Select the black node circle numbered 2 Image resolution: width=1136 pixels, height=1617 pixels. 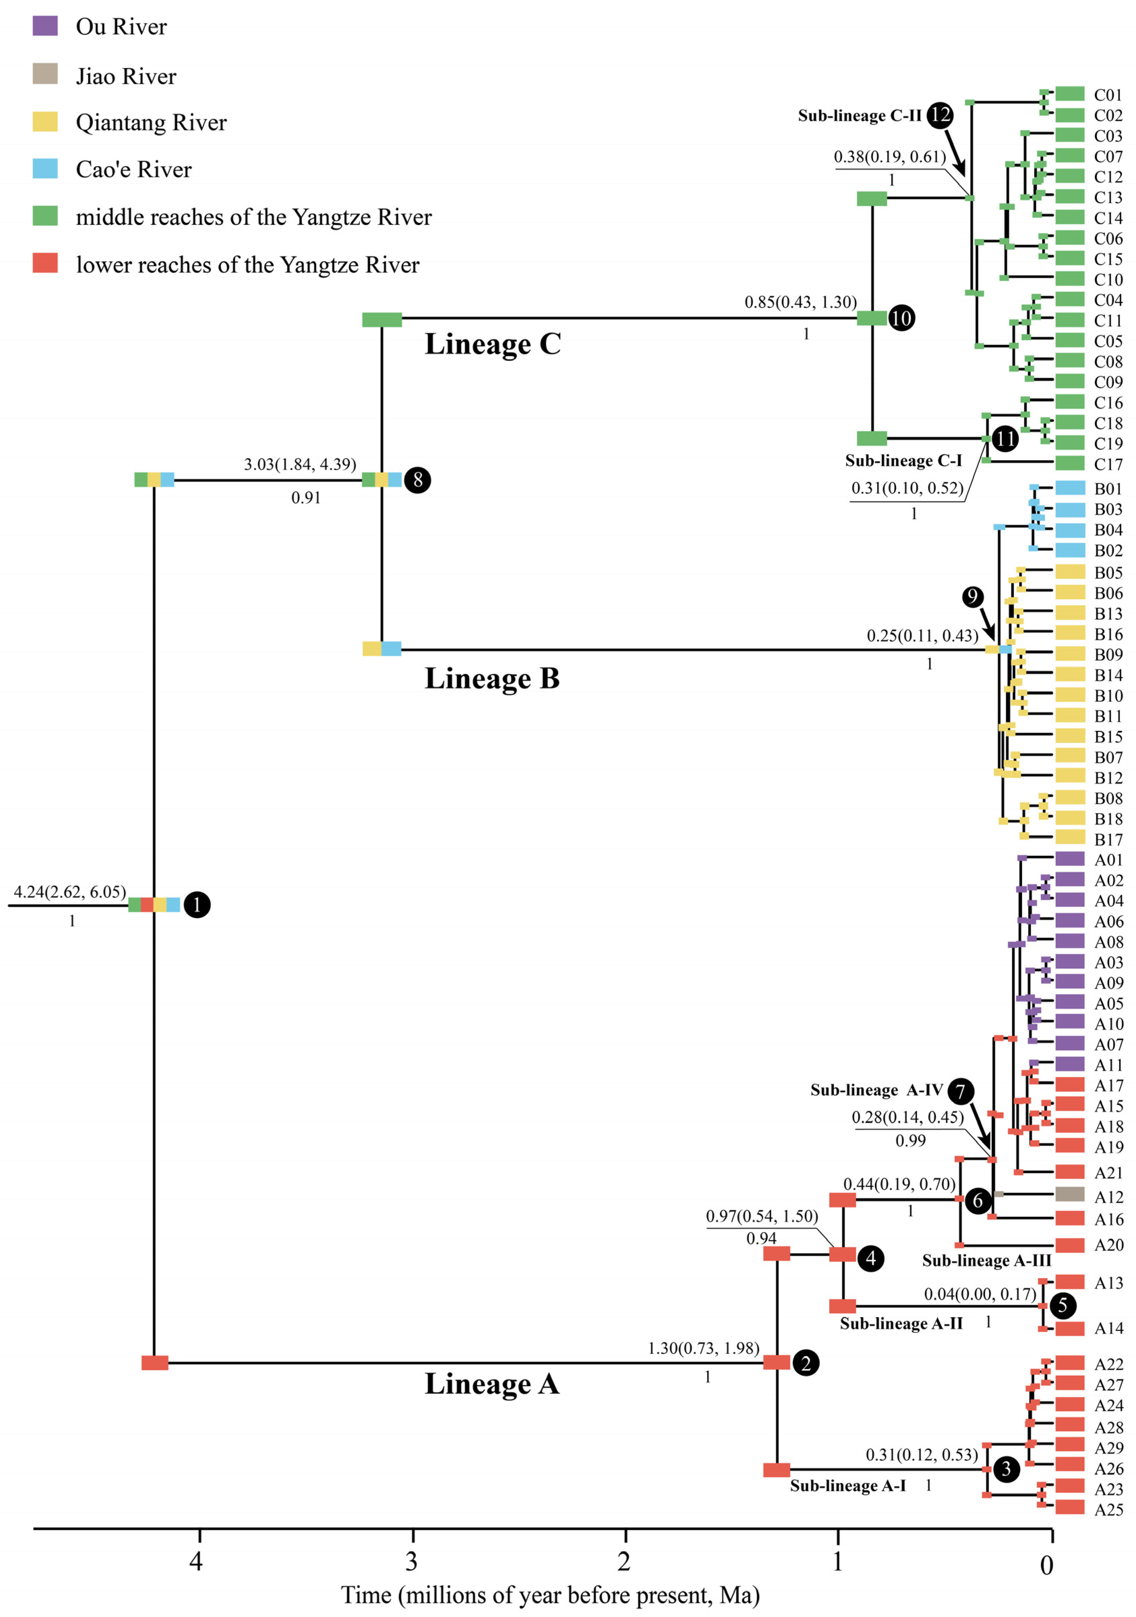806,1363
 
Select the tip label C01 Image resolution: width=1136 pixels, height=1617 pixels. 1108,95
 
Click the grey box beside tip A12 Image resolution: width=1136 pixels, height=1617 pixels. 1070,1194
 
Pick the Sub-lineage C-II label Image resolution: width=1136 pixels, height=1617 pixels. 859,116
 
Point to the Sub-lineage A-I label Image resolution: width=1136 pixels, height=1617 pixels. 848,1485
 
